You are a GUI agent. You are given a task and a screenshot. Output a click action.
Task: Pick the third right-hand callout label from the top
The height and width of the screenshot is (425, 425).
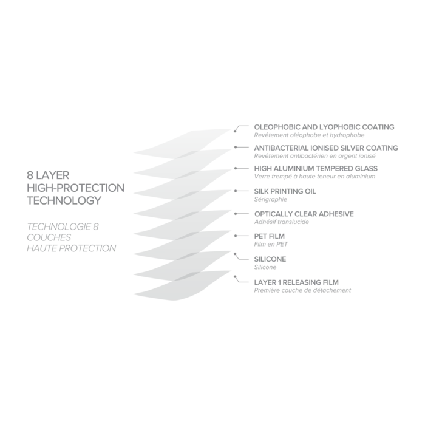[315, 173]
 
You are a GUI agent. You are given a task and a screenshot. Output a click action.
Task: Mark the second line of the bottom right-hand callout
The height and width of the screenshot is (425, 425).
[302, 291]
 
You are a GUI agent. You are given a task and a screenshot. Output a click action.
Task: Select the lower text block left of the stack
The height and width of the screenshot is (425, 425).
[68, 235]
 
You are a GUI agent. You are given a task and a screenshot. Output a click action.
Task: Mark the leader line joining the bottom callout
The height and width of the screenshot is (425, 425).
[234, 277]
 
